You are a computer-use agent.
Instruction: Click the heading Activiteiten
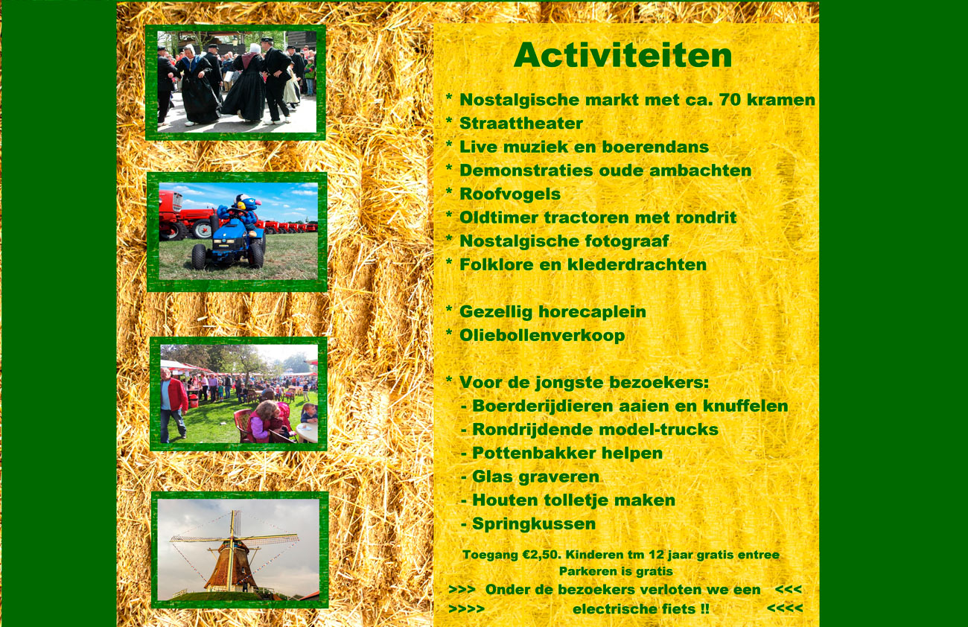click(622, 55)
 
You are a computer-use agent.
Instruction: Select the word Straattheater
click(521, 123)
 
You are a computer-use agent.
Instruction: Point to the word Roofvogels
click(510, 194)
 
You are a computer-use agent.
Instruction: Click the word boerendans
click(655, 147)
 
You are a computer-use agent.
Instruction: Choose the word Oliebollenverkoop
click(542, 336)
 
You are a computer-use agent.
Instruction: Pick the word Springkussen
click(534, 524)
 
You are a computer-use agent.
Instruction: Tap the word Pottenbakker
click(534, 453)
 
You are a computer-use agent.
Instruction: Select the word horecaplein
click(592, 312)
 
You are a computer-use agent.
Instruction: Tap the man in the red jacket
click(173, 404)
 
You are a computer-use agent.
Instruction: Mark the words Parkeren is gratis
click(616, 572)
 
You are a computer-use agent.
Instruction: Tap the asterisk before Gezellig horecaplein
click(450, 309)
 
